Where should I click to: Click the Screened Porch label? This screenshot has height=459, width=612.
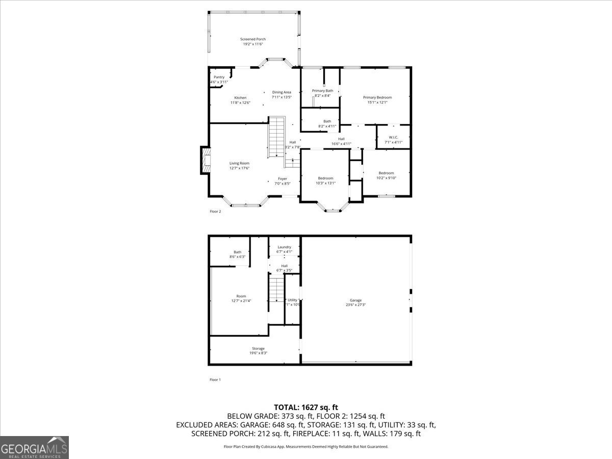(x=253, y=39)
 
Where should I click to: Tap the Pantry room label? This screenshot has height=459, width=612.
(x=219, y=77)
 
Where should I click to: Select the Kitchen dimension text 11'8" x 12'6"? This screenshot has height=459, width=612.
(x=240, y=103)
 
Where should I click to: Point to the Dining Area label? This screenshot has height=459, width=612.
(x=282, y=92)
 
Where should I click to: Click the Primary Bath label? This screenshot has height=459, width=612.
(x=322, y=91)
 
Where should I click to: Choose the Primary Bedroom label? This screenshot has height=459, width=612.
(x=377, y=97)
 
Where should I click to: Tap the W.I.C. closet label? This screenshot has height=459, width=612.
(x=393, y=137)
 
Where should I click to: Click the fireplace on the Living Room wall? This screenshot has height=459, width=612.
(x=206, y=161)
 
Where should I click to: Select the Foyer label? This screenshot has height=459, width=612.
(x=282, y=178)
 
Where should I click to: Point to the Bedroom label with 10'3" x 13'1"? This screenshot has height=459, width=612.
(x=325, y=178)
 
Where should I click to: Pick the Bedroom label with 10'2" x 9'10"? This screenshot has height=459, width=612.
(x=386, y=173)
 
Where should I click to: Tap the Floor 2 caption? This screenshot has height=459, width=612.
(x=215, y=211)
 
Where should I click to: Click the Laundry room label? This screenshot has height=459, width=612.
(x=284, y=247)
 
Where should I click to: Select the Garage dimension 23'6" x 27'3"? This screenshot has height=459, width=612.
(x=355, y=305)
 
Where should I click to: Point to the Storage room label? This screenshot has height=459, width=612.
(x=258, y=348)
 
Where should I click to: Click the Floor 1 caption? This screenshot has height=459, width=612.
(x=215, y=379)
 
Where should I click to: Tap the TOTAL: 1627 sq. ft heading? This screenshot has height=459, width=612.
(x=306, y=407)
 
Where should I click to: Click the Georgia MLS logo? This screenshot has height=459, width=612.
(x=34, y=447)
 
